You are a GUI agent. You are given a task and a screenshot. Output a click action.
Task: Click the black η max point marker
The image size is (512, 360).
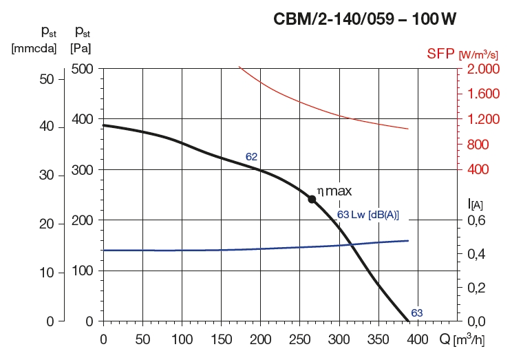(312, 199)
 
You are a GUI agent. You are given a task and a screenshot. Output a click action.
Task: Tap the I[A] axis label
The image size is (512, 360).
(474, 203)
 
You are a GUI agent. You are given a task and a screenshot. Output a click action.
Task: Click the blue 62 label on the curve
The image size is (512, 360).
(251, 157)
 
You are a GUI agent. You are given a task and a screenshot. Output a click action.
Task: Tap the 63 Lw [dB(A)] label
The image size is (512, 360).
(368, 215)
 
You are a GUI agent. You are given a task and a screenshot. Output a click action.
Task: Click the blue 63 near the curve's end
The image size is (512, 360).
(416, 313)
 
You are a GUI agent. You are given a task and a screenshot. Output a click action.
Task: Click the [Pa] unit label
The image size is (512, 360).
(81, 48)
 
